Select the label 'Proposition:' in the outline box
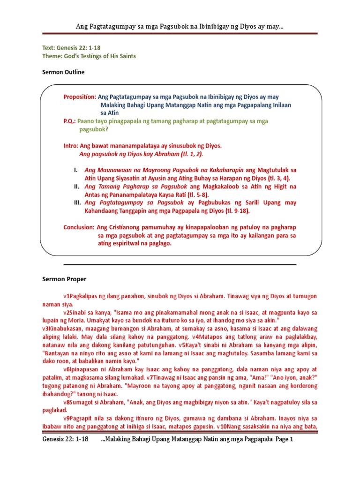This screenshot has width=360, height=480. [80, 97]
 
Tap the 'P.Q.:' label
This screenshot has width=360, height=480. [70, 120]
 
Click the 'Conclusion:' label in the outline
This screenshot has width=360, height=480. [79, 227]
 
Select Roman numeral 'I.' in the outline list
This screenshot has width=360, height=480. [75, 170]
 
